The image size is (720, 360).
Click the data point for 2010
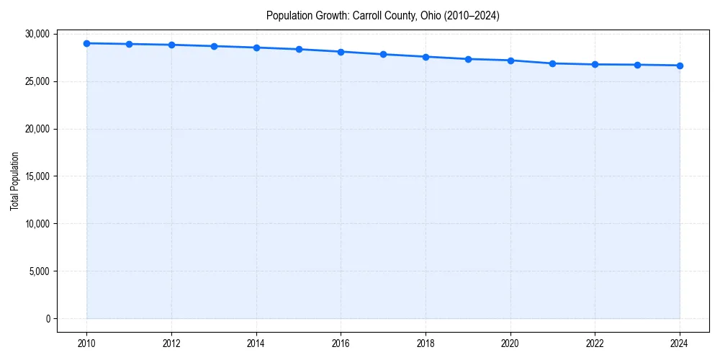pos(86,43)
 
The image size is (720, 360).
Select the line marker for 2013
pos(214,46)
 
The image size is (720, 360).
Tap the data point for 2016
pos(341,52)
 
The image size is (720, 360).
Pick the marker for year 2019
pos(468,59)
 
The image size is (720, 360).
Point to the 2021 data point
pos(552,63)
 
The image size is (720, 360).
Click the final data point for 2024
pos(680,66)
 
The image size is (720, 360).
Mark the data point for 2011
pos(129,44)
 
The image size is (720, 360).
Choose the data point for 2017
pos(383,54)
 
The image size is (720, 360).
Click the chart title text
pos(382,15)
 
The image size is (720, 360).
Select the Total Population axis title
pos(14,181)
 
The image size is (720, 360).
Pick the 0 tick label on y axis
pos(47,319)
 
